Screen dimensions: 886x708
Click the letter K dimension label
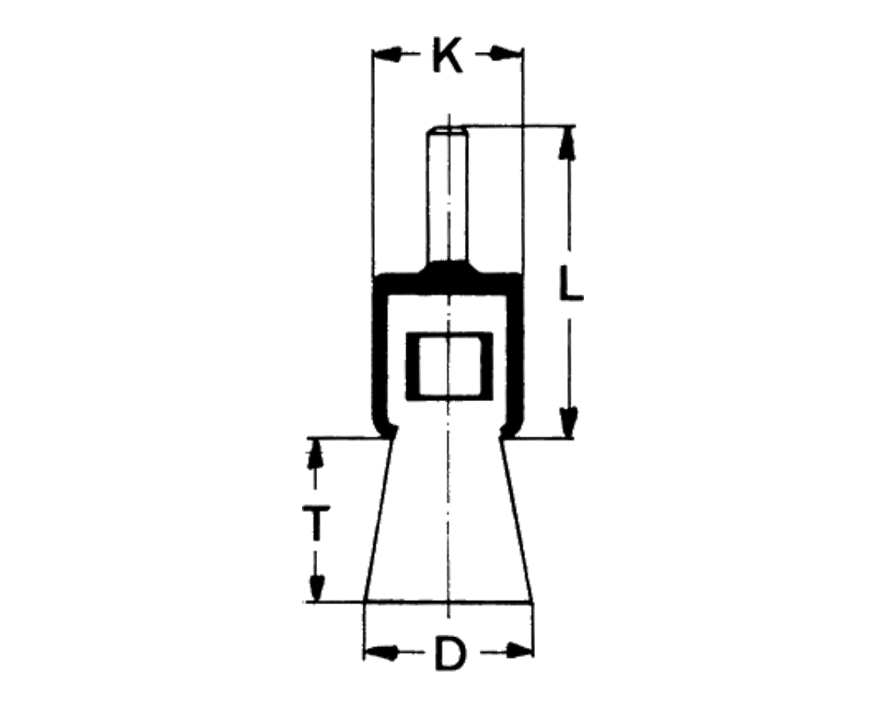[x=448, y=55]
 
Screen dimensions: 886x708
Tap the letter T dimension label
[x=316, y=523]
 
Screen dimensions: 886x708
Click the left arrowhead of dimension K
[x=386, y=54]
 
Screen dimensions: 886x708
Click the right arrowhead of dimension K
[x=506, y=53]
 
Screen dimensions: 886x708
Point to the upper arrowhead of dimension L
[x=568, y=142]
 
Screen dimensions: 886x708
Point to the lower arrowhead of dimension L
[x=569, y=422]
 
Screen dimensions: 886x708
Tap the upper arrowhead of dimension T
[x=315, y=453]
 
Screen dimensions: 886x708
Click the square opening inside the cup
[x=449, y=366]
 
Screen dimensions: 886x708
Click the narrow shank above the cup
[x=447, y=195]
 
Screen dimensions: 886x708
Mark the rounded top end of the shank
[x=447, y=129]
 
